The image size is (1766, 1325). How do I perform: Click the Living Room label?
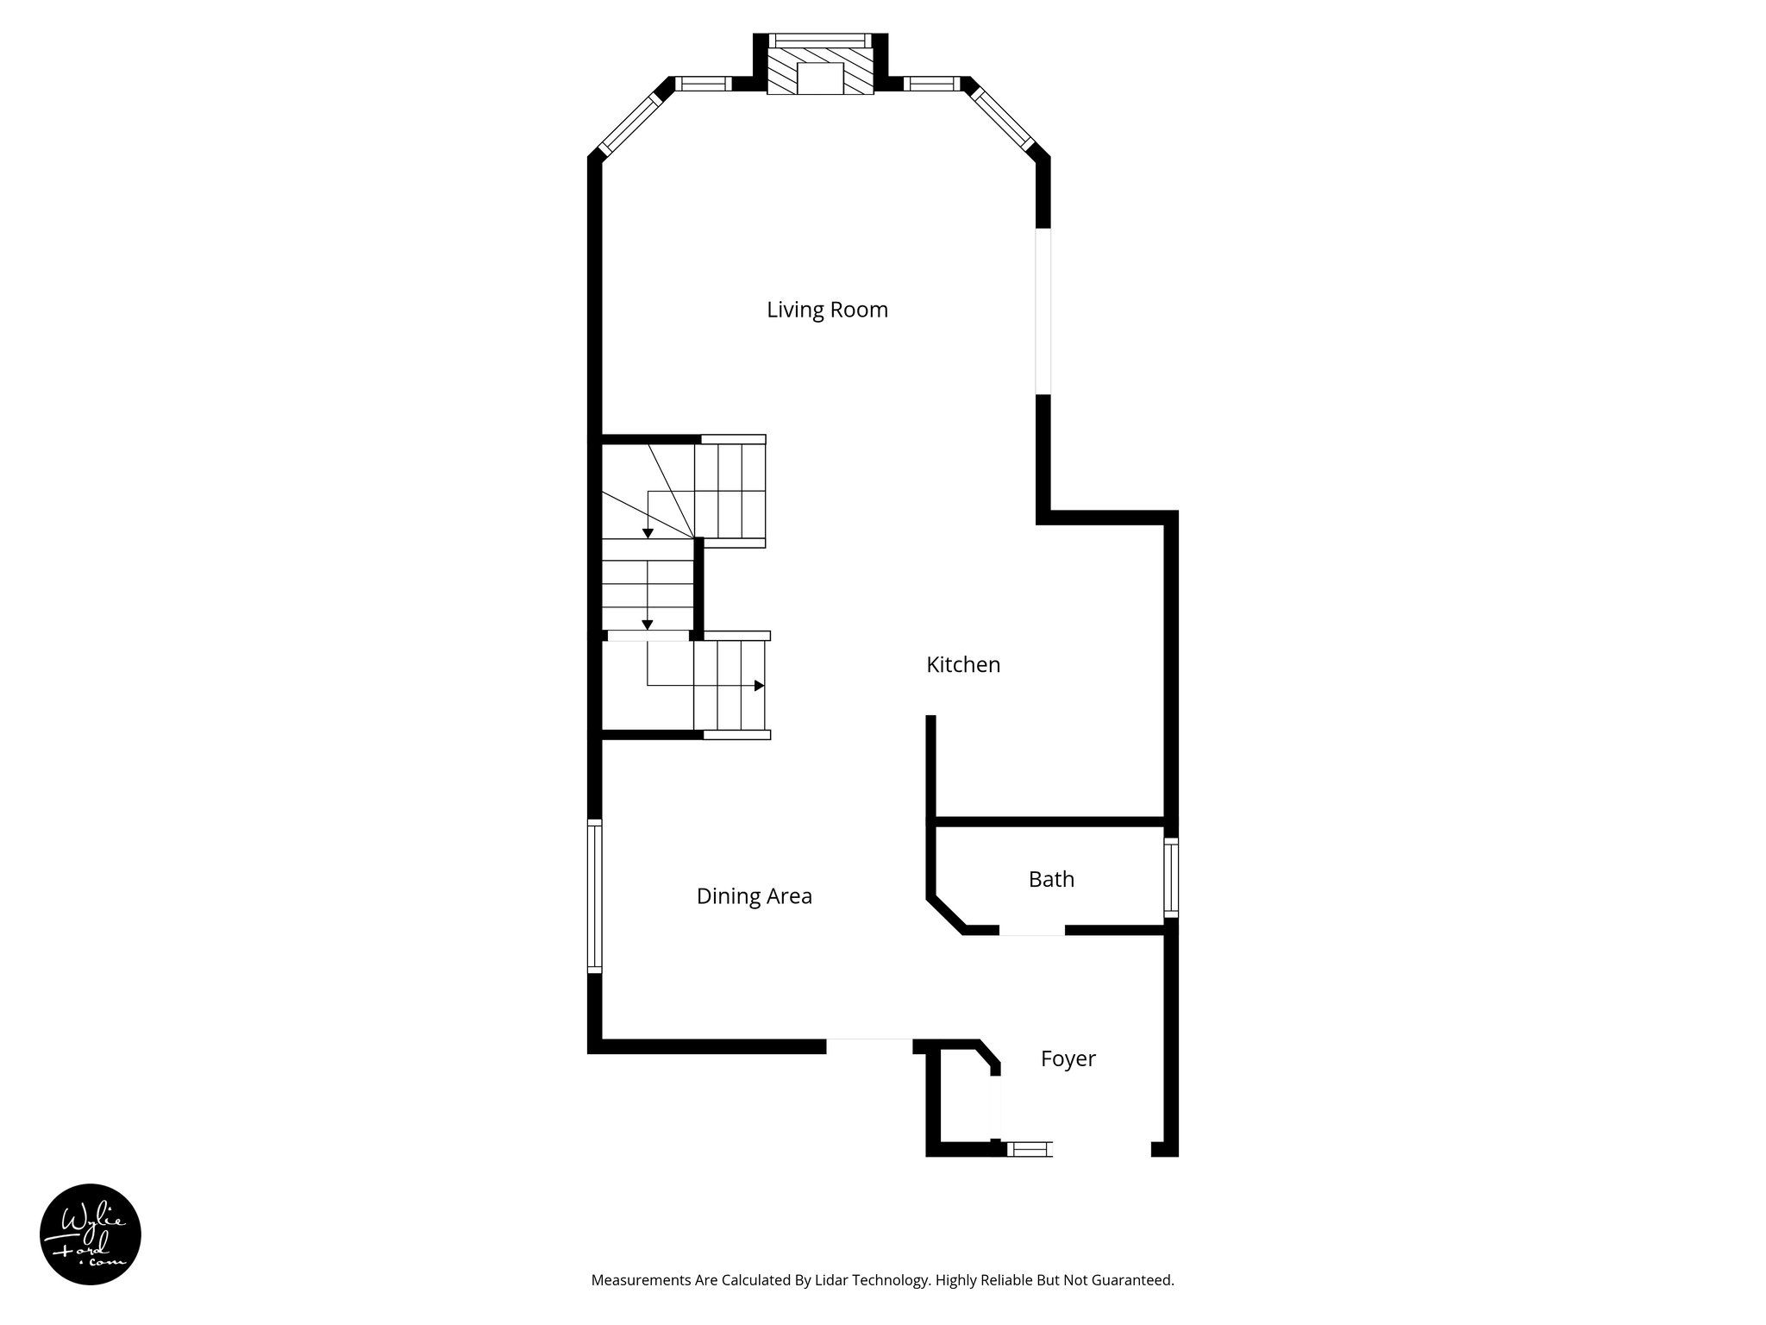(827, 310)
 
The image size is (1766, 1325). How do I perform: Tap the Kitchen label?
(963, 665)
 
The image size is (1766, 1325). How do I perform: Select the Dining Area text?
(754, 896)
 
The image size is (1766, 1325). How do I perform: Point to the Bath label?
(1051, 879)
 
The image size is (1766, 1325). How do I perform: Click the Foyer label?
(1068, 1058)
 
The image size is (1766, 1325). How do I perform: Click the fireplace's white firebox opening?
(819, 78)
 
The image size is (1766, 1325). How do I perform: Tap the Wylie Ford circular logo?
(91, 1234)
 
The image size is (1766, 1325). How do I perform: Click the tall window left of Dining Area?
(594, 896)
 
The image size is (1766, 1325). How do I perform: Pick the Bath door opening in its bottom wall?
(1032, 930)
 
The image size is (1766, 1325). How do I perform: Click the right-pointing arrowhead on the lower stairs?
(760, 686)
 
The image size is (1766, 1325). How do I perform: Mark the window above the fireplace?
(819, 40)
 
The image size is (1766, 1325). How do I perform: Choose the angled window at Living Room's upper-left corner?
(629, 124)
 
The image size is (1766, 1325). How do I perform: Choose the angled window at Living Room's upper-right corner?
(1003, 121)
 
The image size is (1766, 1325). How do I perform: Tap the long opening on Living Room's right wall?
(1043, 311)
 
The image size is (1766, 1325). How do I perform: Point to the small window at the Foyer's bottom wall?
(1030, 1148)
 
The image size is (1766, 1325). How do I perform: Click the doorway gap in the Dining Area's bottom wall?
(869, 1046)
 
